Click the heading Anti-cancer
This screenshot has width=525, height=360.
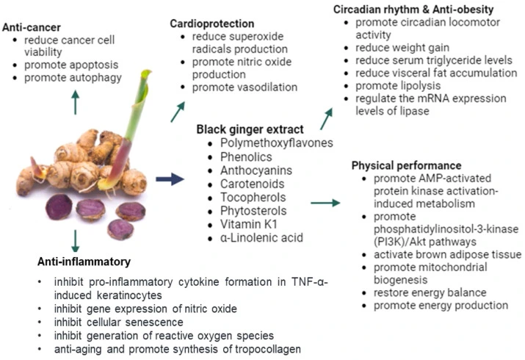tap(31, 26)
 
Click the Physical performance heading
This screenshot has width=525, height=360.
tap(408, 165)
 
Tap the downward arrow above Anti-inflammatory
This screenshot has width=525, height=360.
tap(75, 240)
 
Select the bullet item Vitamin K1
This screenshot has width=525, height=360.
tap(245, 223)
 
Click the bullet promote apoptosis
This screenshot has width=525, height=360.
tap(70, 65)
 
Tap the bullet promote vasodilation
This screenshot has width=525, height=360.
tap(245, 87)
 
